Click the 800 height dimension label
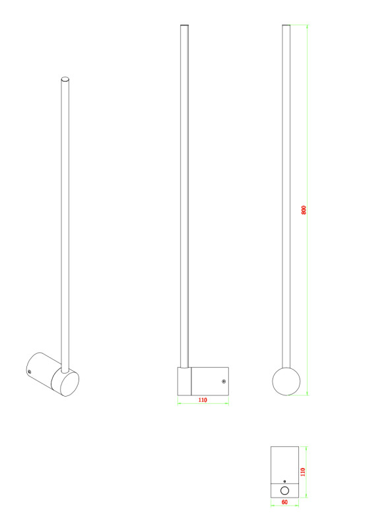304,210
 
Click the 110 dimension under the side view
203,400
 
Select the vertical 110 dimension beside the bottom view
303,472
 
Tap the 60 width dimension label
284,502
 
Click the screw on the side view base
224,381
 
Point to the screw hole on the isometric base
30,372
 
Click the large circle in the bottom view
284,490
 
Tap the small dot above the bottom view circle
284,482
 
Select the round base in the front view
286,381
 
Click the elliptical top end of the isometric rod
65,79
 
